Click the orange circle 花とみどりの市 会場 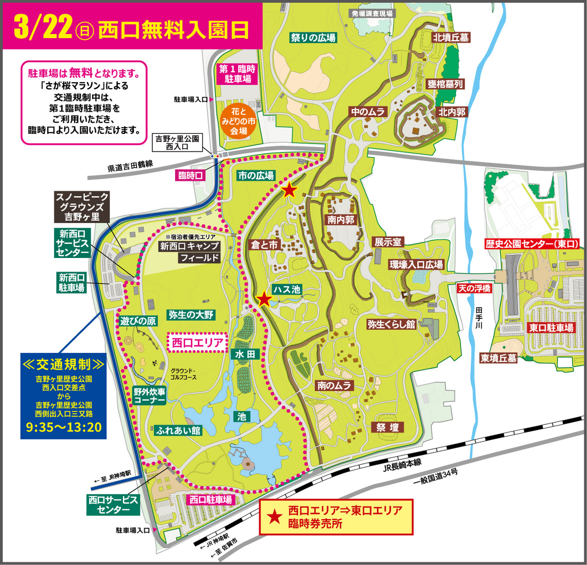238,121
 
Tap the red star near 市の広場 289,190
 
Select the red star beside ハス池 264,299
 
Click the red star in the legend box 274,517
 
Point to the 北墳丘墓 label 451,38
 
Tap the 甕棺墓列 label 445,84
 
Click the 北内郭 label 452,112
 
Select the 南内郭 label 341,220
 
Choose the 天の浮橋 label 474,288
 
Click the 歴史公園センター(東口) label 532,244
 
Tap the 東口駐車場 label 551,328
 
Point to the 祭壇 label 388,428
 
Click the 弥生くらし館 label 391,324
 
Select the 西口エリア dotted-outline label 198,342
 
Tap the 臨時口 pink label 190,175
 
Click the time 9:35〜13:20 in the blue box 64,427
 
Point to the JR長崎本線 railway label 402,465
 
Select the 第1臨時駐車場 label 238,74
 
